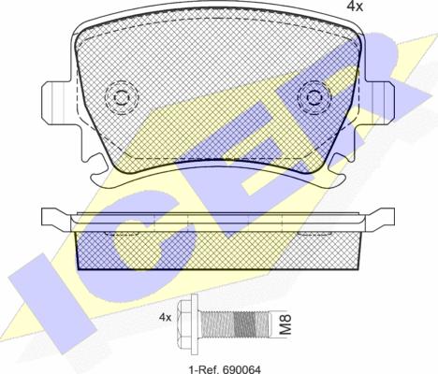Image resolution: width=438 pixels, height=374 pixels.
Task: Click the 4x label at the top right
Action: [356, 7]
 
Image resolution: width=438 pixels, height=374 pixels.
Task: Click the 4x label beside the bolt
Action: [166, 318]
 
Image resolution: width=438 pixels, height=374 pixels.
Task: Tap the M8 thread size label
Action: [285, 324]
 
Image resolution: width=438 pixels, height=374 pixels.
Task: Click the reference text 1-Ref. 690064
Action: [225, 369]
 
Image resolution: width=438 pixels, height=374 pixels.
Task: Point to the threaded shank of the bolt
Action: [235, 324]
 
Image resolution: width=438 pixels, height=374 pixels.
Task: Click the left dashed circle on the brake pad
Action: [122, 97]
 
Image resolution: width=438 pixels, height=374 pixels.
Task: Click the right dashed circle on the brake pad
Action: [314, 97]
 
